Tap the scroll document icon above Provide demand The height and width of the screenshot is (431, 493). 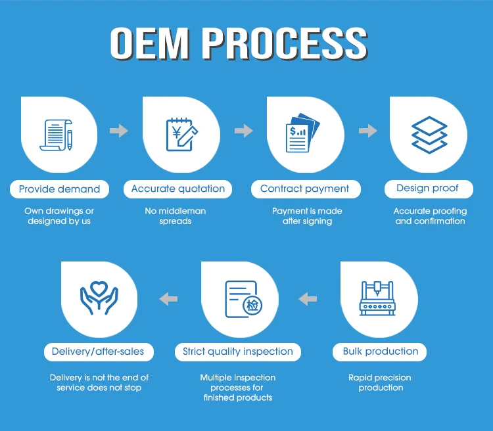click(57, 135)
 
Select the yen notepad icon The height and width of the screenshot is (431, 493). click(181, 134)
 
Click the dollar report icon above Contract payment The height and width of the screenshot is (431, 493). click(302, 133)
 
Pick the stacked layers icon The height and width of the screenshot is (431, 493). click(429, 135)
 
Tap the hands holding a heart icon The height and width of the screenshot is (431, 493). click(99, 298)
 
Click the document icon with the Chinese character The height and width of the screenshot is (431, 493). click(244, 299)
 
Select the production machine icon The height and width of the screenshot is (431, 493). click(377, 298)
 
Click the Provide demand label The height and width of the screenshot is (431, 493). click(59, 189)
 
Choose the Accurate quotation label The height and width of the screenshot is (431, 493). click(178, 189)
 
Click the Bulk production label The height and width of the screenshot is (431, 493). click(380, 352)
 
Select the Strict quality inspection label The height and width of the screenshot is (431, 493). click(238, 352)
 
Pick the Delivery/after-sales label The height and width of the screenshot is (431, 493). click(99, 352)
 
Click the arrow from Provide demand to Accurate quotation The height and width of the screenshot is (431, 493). click(119, 131)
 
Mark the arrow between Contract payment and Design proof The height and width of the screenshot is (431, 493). click(368, 131)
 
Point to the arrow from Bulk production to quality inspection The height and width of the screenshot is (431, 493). click(308, 299)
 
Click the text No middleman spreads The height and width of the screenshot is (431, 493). click(176, 216)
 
